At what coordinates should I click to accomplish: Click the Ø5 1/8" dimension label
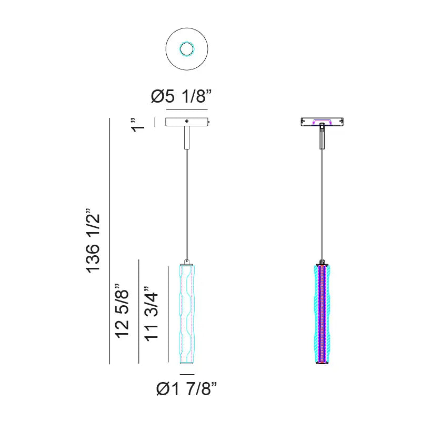tap(181, 96)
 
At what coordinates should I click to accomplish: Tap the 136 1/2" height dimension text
tap(93, 240)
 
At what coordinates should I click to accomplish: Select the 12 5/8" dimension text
tap(122, 310)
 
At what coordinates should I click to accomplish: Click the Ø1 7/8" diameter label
tap(186, 388)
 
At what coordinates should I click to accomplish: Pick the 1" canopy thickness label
tap(138, 125)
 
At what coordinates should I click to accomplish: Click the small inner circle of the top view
tap(187, 49)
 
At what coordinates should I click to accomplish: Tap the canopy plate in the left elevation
tap(187, 122)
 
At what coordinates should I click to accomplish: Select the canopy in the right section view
tap(322, 122)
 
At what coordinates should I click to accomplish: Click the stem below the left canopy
tap(187, 137)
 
